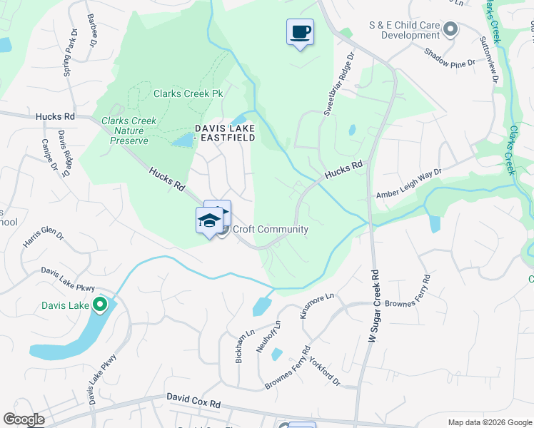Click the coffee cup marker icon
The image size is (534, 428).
click(300, 32)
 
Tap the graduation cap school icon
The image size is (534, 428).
click(209, 220)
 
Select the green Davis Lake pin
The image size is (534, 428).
click(100, 306)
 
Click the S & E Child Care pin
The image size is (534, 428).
click(450, 29)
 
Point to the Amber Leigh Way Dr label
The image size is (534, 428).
click(409, 184)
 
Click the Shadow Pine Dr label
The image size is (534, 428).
click(449, 58)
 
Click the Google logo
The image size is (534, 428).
click(24, 419)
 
